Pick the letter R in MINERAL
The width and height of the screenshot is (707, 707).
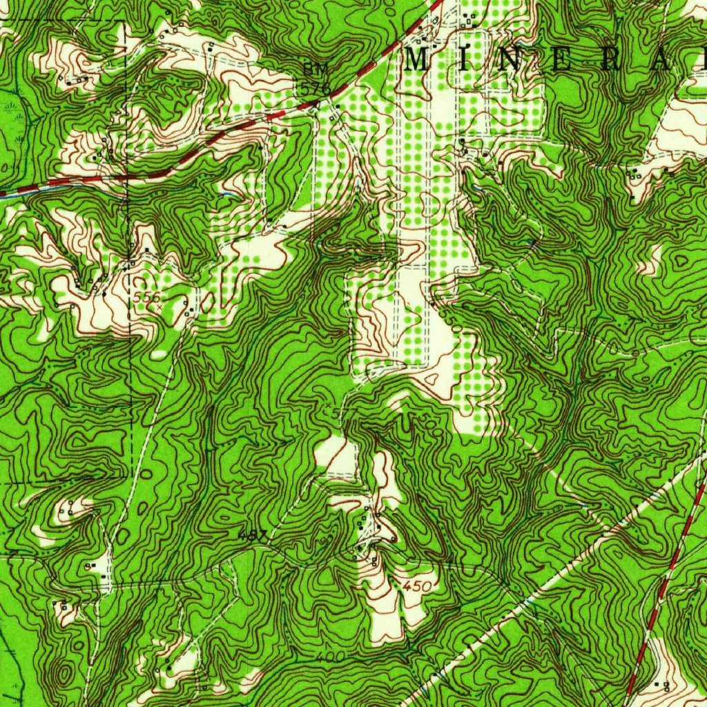[612, 60]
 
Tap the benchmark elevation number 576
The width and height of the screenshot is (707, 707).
[316, 88]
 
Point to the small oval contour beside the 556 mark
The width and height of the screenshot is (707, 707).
[206, 302]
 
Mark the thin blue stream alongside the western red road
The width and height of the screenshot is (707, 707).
[69, 189]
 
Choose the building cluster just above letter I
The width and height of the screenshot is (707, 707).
[472, 19]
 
